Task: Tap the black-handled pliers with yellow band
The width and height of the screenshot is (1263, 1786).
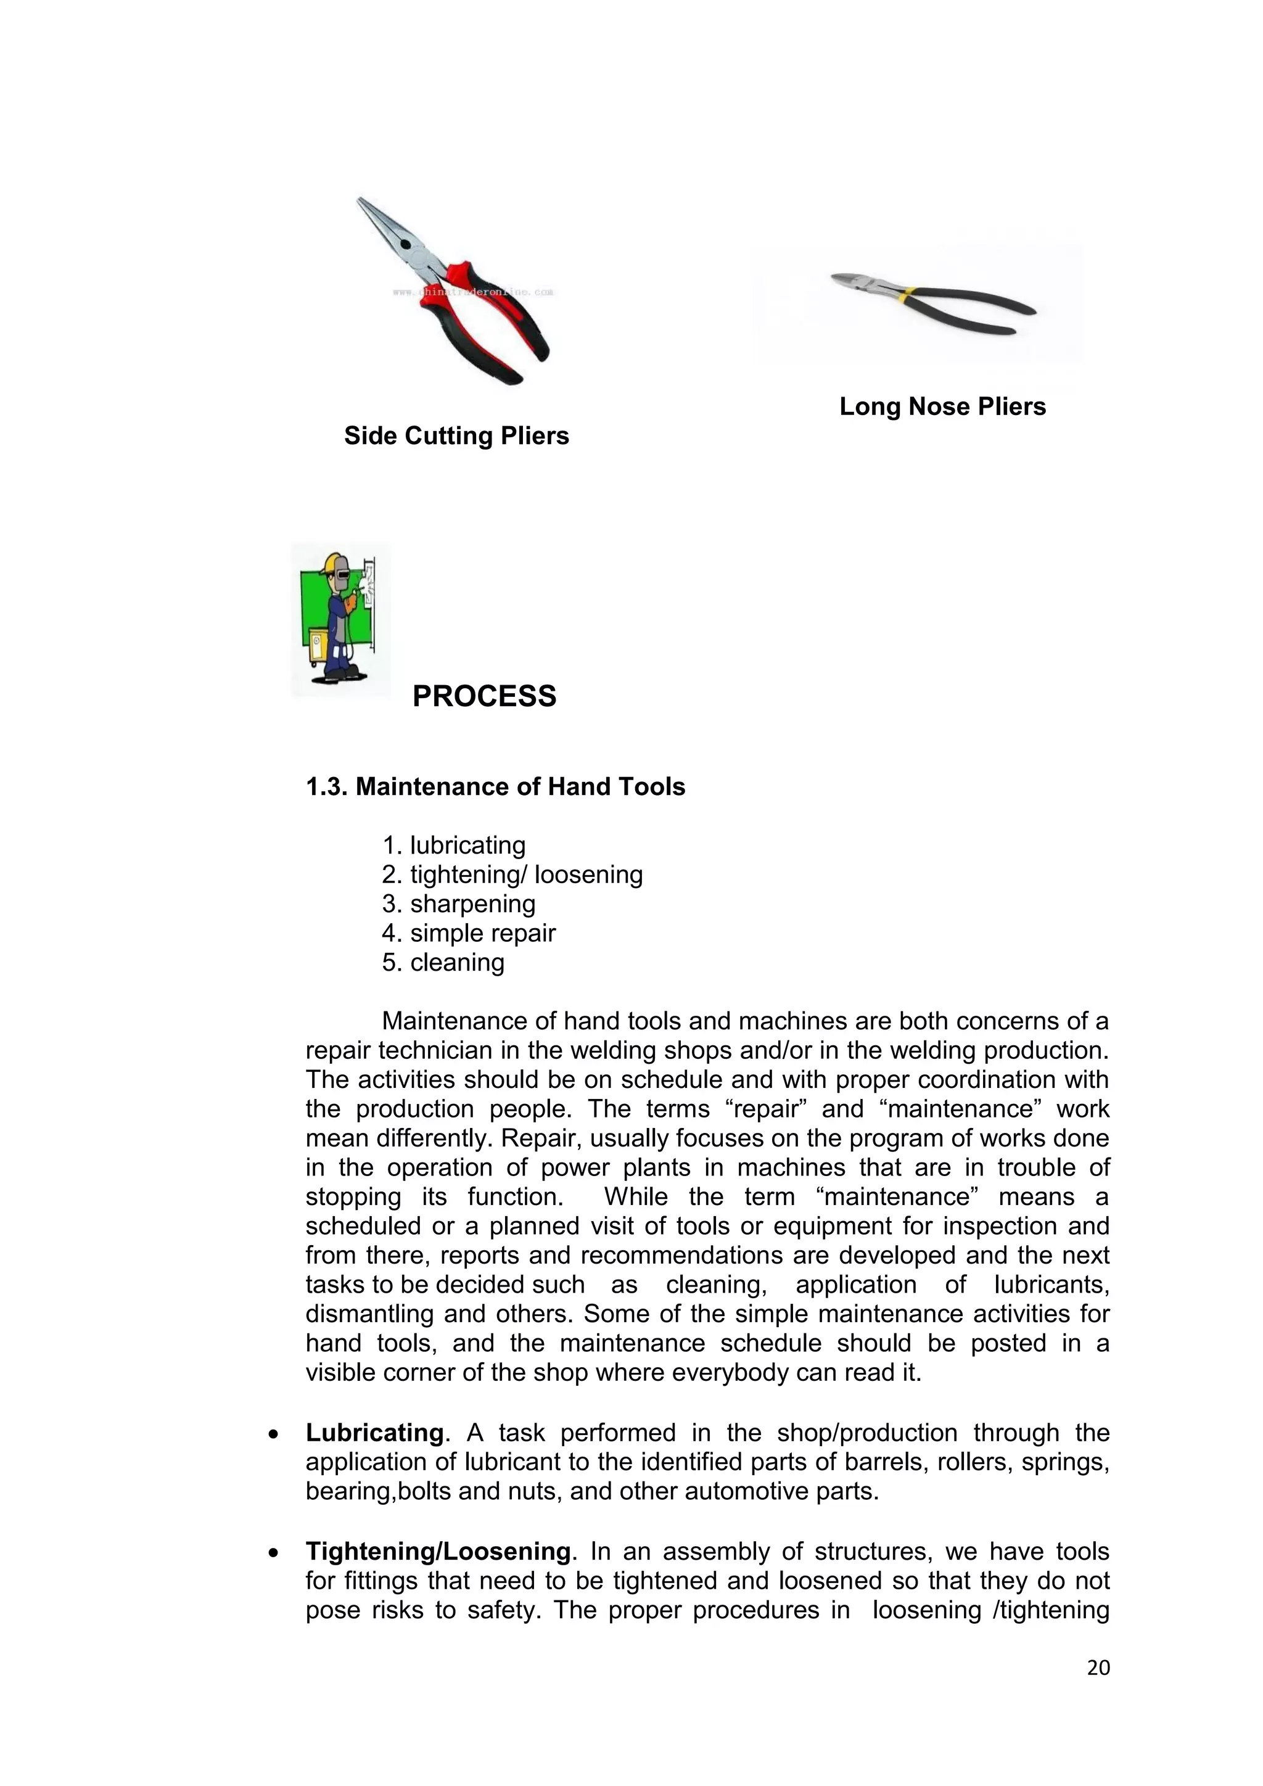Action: point(933,303)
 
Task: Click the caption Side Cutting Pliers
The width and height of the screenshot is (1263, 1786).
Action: point(456,435)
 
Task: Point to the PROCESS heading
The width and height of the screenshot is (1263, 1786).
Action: point(483,696)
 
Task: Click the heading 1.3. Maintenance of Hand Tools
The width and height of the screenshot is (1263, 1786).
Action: point(495,786)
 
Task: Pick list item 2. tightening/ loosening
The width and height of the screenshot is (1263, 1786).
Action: point(512,874)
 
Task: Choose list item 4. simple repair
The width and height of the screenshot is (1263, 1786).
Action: point(468,932)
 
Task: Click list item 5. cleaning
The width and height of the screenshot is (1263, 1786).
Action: point(443,962)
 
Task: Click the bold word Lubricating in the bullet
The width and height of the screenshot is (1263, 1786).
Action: point(374,1432)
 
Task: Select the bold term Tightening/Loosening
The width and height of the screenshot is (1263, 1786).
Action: point(438,1551)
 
